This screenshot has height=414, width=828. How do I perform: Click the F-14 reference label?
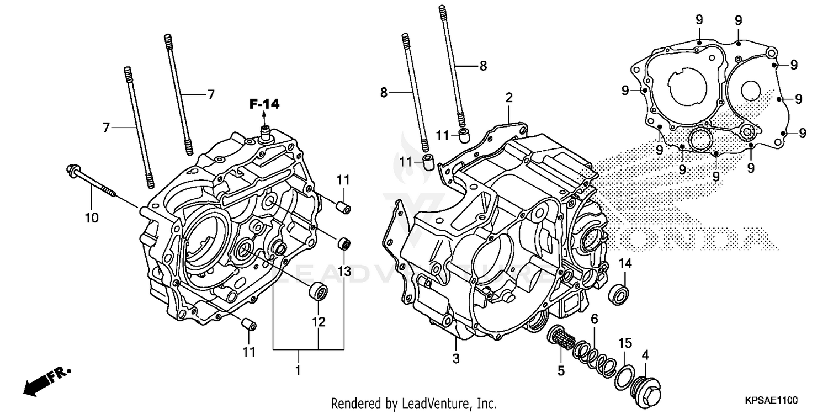(x=264, y=103)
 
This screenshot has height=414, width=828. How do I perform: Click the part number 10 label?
(x=92, y=217)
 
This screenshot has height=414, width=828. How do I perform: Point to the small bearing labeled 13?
(x=345, y=243)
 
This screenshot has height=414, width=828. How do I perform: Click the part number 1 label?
(x=298, y=370)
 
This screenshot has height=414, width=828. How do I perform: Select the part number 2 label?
(x=508, y=98)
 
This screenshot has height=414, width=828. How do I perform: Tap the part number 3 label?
(x=456, y=359)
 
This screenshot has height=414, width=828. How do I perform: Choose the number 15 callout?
(x=624, y=344)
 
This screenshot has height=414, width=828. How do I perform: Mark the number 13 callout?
(x=344, y=270)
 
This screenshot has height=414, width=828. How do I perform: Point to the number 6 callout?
(x=594, y=319)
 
